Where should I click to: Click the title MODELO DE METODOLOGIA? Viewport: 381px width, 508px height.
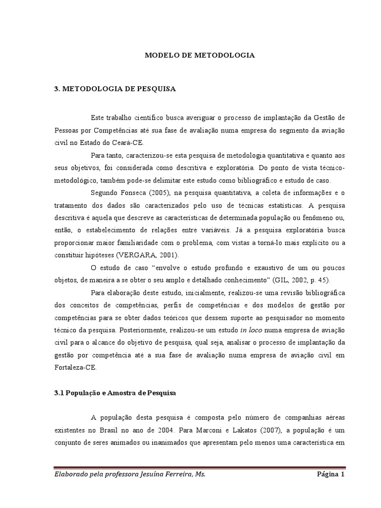point(199,56)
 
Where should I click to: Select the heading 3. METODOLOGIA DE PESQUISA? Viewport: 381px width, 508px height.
point(115,89)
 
